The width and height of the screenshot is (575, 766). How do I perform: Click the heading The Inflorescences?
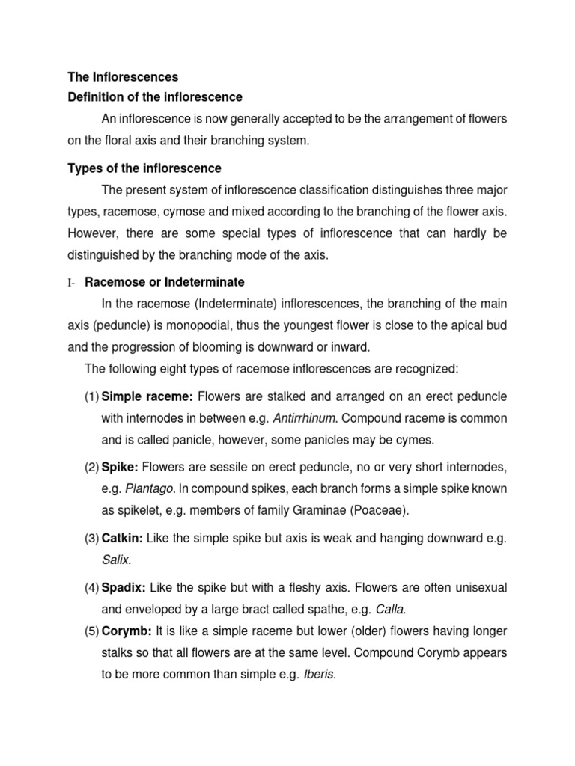[x=123, y=77]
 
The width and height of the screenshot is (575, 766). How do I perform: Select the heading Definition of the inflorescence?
[x=155, y=97]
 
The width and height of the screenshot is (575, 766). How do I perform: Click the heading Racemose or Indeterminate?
[x=165, y=282]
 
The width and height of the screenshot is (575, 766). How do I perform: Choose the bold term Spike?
[x=121, y=467]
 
